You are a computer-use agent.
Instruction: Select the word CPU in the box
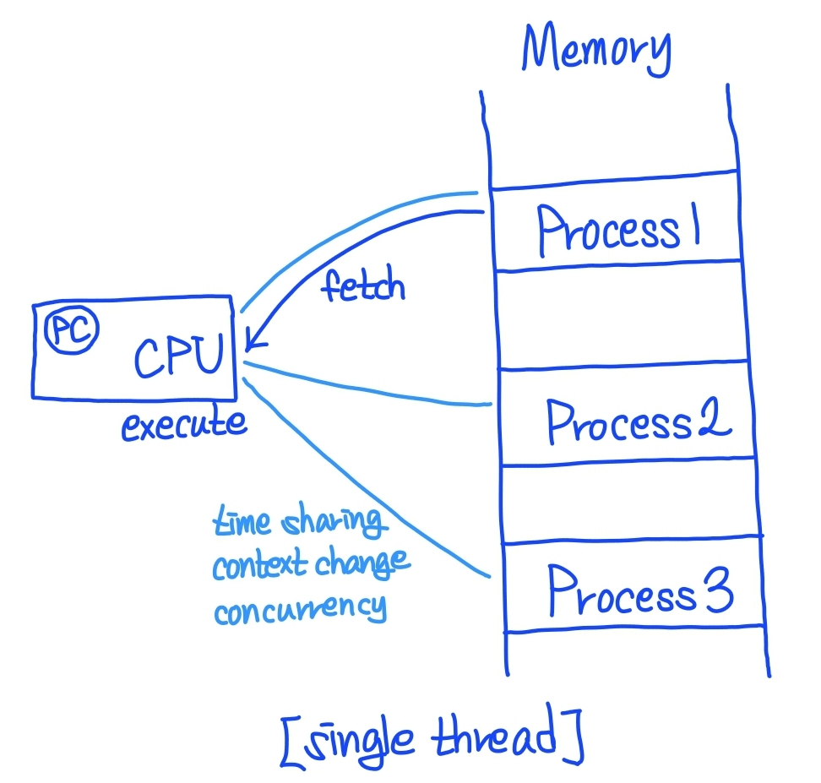click(x=178, y=356)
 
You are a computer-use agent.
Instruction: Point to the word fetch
click(x=363, y=286)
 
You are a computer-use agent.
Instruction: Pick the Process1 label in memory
click(x=620, y=230)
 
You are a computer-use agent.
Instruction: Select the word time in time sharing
click(x=242, y=522)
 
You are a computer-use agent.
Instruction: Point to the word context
click(x=258, y=565)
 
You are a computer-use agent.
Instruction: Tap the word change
click(x=362, y=565)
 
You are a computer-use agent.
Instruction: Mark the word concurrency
click(x=300, y=608)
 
